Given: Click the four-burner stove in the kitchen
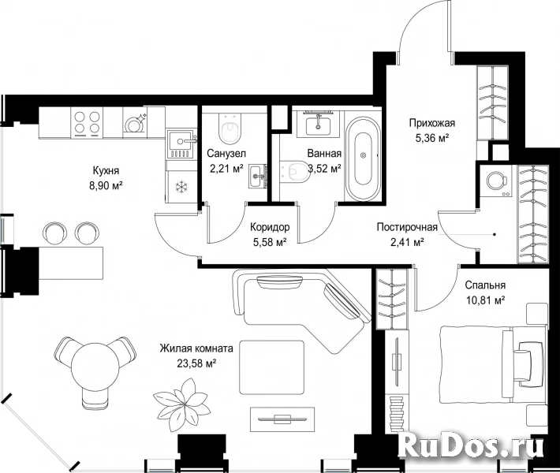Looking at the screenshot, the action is [x=87, y=123].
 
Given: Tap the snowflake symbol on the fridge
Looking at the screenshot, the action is [x=182, y=186].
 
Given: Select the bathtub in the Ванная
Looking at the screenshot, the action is [x=364, y=155].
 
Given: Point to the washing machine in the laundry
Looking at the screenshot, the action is [x=496, y=181].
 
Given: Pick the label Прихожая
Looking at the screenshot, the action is [x=431, y=123].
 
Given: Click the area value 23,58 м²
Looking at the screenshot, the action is [x=196, y=363].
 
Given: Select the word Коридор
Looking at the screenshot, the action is [x=270, y=227].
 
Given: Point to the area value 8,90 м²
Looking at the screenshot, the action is [x=106, y=185].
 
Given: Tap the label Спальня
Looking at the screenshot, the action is [x=485, y=285].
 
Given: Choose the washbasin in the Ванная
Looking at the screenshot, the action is [x=318, y=124].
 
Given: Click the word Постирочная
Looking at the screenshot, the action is [x=407, y=227].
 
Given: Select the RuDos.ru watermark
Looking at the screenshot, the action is [x=471, y=445].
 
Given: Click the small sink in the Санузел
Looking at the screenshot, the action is [x=257, y=176].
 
